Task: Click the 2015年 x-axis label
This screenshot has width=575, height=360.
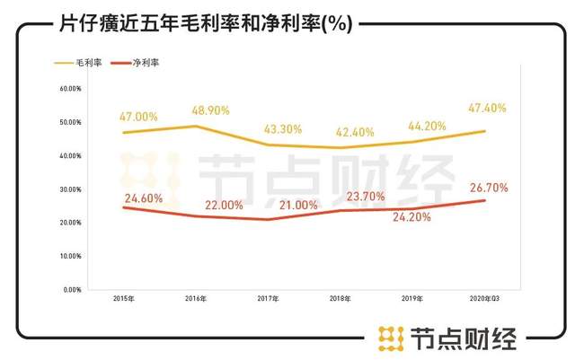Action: (124, 299)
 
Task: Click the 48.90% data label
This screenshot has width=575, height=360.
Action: (210, 110)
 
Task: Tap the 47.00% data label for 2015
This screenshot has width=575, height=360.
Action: (139, 117)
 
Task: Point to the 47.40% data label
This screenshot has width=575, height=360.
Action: (487, 109)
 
